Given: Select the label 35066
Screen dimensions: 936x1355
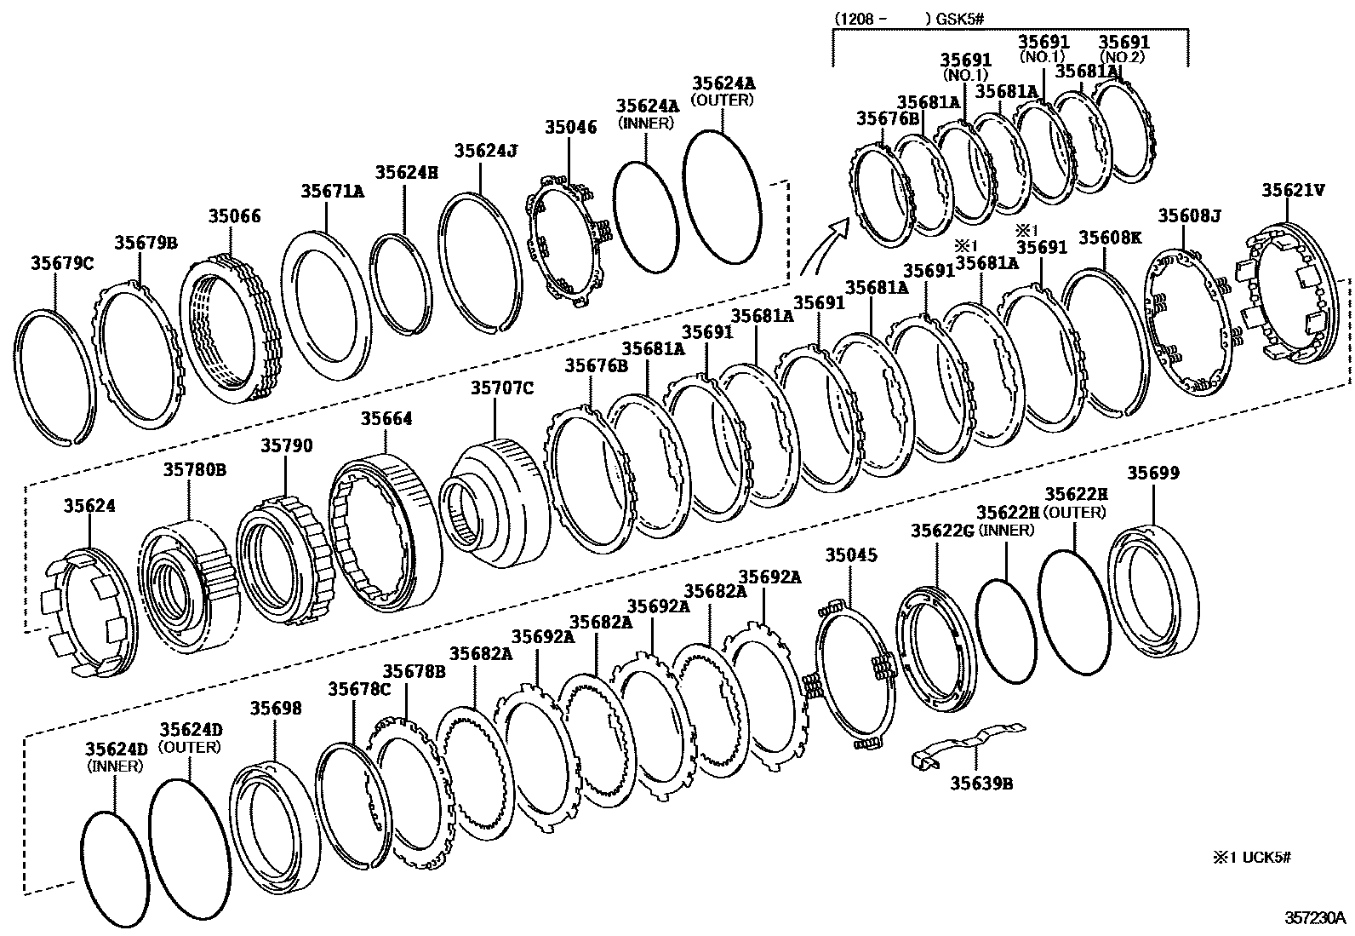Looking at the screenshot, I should pos(235,216).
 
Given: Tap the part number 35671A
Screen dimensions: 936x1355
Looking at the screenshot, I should pos(331,192).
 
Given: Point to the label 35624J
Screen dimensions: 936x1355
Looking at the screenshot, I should pos(486,151).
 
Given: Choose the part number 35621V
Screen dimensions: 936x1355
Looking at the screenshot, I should pos(1293,190).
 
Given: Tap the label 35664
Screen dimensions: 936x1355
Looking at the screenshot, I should pos(386,419).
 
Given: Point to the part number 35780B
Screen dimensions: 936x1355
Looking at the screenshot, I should pos(195,469).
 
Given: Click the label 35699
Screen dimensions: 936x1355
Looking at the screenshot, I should pos(1153,474).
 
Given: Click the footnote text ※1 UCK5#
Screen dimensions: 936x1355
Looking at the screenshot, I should pos(1252,858).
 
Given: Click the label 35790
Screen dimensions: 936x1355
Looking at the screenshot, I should pos(286,446).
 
